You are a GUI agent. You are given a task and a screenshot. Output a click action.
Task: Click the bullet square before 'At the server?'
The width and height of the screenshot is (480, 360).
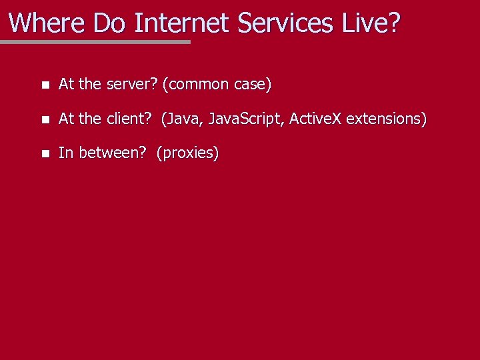[44, 85]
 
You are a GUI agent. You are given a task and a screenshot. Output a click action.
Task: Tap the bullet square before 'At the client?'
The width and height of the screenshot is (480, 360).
[44, 119]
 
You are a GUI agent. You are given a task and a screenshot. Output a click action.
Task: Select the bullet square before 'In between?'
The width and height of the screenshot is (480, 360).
[44, 153]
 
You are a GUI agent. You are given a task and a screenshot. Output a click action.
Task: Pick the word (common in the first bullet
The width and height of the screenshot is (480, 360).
[195, 85]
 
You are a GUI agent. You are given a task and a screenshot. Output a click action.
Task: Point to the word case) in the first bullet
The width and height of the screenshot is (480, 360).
[253, 85]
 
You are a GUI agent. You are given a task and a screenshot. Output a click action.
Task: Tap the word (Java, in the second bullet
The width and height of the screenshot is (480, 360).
[182, 119]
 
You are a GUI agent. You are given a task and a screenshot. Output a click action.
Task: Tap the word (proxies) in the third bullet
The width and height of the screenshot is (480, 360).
[188, 153]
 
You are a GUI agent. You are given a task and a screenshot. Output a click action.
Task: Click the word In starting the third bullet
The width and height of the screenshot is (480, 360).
[66, 153]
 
